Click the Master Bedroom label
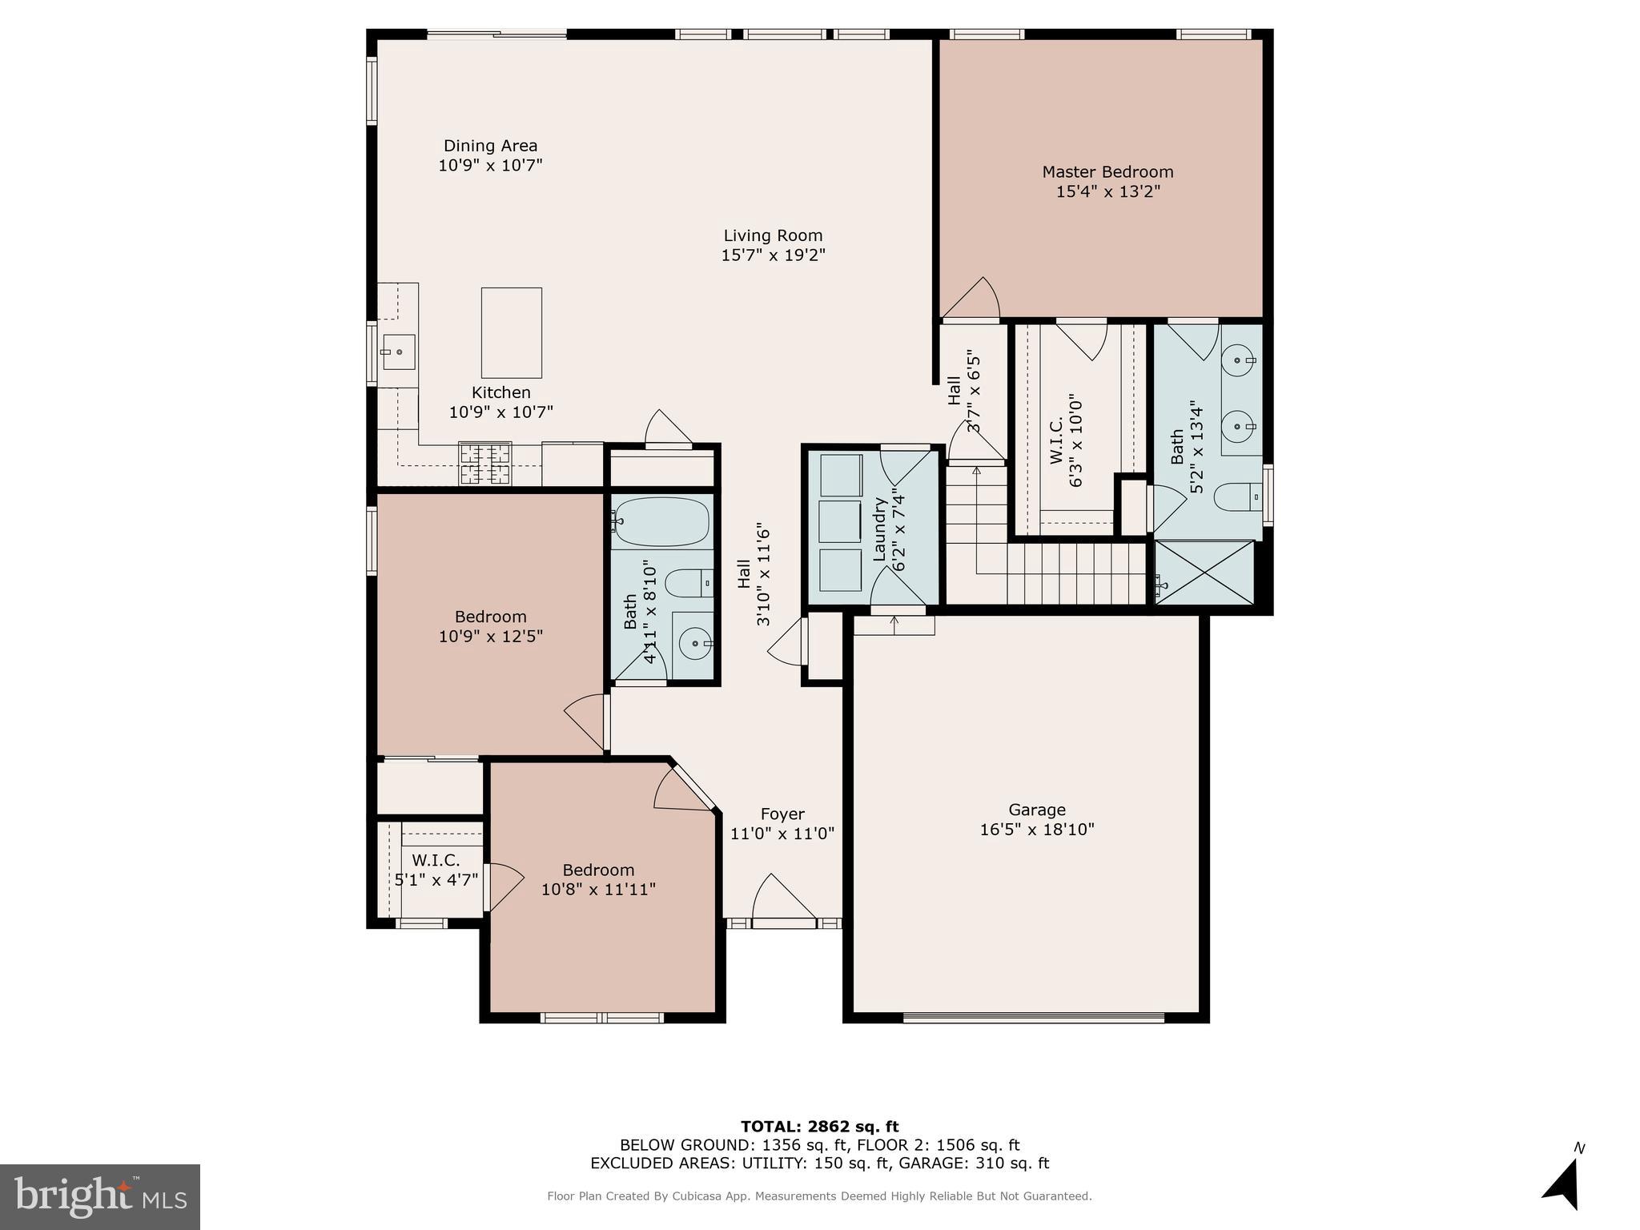pos(1107,172)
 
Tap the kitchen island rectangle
pos(511,332)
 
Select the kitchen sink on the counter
pos(398,352)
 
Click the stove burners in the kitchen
pos(484,465)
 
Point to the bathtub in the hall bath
pos(661,521)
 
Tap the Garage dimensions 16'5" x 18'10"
pos(1036,830)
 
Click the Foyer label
pos(782,814)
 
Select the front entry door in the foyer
pos(783,921)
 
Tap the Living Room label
pos(773,235)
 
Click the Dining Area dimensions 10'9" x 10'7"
pos(490,166)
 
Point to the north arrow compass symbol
pos(1563,1186)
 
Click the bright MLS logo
pos(100,1196)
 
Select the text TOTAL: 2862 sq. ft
pos(819,1127)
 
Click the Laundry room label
pos(879,529)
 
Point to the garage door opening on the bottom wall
pos(1033,1019)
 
